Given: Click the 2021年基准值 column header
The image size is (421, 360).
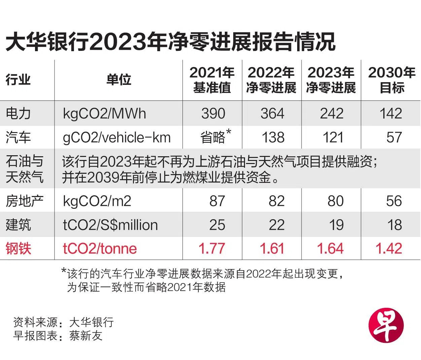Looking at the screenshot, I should tap(212, 80).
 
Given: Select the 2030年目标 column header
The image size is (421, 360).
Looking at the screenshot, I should tap(391, 80).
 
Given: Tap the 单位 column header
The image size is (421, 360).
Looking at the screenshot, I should tap(118, 80).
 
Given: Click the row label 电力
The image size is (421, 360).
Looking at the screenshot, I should tap(18, 113).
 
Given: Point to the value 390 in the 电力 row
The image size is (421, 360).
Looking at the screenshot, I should tap(213, 113).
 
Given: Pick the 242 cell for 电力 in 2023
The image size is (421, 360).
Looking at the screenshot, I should tap(331, 113).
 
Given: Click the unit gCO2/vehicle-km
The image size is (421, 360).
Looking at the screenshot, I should tap(117, 137).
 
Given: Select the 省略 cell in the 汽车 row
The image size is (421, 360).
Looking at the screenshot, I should tap(213, 137).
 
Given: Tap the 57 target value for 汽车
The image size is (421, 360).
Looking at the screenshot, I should tap(394, 137).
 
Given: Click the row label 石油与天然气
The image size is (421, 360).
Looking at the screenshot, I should tap(25, 169).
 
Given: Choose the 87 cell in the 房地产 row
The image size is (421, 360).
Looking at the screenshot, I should tap(217, 201).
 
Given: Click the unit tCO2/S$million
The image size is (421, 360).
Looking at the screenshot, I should tap(110, 225).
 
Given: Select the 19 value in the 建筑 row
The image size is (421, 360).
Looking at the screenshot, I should tap(336, 225).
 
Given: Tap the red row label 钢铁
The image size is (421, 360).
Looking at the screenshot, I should tap(18, 249).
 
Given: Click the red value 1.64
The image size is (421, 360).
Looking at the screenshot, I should tap(330, 249).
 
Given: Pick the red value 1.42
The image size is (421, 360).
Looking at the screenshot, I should tap(389, 249).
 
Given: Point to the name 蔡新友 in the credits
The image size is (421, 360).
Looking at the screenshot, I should tap(86, 336).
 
